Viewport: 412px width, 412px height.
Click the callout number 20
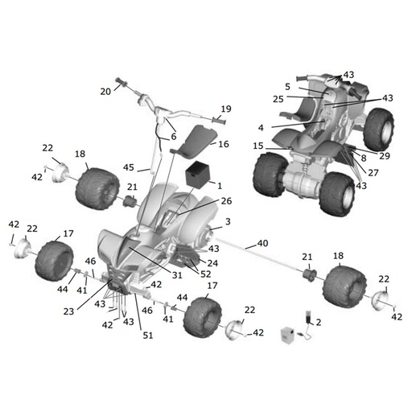click(x=105, y=92)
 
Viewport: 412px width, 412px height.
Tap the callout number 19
click(x=226, y=109)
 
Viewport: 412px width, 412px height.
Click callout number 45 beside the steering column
click(x=129, y=167)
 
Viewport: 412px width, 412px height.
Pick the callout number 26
click(x=226, y=201)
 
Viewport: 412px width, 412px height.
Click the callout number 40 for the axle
click(x=262, y=243)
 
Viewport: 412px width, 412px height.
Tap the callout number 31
click(x=177, y=275)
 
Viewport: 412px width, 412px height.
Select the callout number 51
click(x=148, y=336)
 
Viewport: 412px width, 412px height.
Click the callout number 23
click(x=68, y=311)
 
